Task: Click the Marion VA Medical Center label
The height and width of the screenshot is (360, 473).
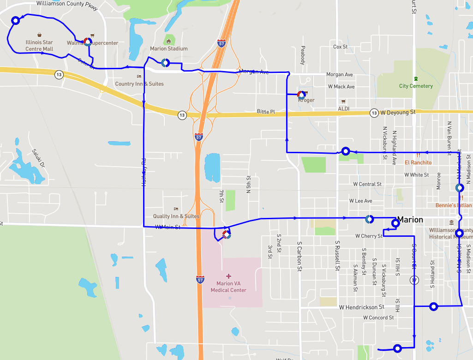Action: (x=228, y=287)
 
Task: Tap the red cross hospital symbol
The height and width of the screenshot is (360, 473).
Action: (x=228, y=276)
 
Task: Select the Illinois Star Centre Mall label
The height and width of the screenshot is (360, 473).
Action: (x=39, y=45)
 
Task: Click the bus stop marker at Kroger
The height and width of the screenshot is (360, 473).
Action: (x=301, y=95)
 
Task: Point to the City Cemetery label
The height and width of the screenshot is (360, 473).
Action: (x=416, y=86)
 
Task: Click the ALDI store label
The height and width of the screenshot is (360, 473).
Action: (x=343, y=108)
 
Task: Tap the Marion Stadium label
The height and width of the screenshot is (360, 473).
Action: (x=168, y=48)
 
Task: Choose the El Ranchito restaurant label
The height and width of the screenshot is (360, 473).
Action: (x=418, y=162)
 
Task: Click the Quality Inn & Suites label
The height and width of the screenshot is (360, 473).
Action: (x=176, y=216)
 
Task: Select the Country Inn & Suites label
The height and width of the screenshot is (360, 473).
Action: (x=139, y=84)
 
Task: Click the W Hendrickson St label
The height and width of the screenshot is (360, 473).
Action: (x=361, y=307)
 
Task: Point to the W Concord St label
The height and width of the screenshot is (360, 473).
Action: (x=378, y=318)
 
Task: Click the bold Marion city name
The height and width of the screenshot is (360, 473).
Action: (x=410, y=220)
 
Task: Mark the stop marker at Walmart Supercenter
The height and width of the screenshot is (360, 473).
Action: (x=87, y=42)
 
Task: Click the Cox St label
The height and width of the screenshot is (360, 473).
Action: (x=340, y=47)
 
